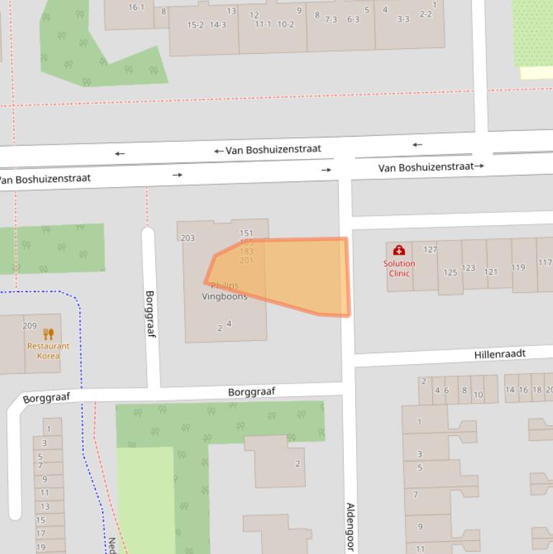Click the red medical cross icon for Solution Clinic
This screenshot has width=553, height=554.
tap(398, 250)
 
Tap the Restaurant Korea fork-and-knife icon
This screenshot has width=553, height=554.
tap(48, 334)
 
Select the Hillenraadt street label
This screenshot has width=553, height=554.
tap(500, 354)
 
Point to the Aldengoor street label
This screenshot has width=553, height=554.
tap(350, 527)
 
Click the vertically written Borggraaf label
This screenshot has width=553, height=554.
tap(150, 314)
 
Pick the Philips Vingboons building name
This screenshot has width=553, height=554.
tap(224, 291)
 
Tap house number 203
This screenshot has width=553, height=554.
tap(188, 238)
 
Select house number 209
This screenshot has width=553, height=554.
tap(29, 326)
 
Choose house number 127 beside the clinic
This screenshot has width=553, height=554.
tap(430, 250)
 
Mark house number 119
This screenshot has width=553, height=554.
tap(518, 268)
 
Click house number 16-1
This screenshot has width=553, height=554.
tap(136, 7)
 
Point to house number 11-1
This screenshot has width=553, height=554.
tap(263, 24)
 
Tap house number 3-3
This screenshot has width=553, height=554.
tap(403, 19)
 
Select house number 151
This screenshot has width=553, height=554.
tap(246, 233)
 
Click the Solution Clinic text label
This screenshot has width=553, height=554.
tap(398, 268)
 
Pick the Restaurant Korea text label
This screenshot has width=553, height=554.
tap(48, 351)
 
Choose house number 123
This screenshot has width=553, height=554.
tap(468, 268)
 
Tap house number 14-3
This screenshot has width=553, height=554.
tap(217, 25)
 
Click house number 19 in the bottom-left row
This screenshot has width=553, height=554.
tap(40, 547)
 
